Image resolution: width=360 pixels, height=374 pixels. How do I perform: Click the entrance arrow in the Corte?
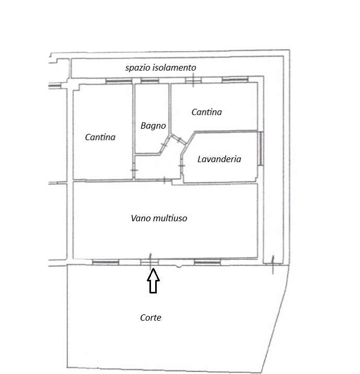click(153, 280)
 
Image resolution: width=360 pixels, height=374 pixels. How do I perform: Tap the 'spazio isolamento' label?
click(161, 68)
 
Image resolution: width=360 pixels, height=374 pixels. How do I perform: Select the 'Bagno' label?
click(153, 126)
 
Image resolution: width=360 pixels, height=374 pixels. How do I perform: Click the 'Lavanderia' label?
click(219, 159)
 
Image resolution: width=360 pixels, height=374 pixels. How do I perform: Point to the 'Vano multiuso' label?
click(159, 218)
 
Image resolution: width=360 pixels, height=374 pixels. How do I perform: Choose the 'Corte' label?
click(150, 318)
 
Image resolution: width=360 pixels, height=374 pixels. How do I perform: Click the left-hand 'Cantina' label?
click(100, 137)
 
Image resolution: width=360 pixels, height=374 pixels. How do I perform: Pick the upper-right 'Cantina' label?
click(206, 112)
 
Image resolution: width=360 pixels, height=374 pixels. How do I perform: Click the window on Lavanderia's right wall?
click(261, 149)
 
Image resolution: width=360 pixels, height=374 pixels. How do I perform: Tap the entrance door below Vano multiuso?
click(149, 262)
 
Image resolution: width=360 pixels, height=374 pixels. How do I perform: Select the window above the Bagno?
click(150, 81)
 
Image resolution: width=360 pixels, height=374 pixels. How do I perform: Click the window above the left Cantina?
click(119, 81)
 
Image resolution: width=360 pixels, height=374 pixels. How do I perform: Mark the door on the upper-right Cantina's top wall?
click(193, 80)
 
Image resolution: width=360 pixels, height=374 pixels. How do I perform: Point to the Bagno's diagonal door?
click(165, 144)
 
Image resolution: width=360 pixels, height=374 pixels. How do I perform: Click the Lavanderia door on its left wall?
click(182, 165)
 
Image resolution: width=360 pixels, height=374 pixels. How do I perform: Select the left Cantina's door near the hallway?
click(134, 170)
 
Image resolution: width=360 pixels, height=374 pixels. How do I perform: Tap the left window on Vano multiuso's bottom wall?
click(106, 263)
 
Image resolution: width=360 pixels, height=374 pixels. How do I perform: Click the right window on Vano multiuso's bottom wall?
click(207, 263)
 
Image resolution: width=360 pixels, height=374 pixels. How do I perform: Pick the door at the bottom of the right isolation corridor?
click(273, 264)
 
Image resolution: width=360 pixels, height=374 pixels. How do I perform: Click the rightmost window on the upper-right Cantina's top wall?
click(235, 80)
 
